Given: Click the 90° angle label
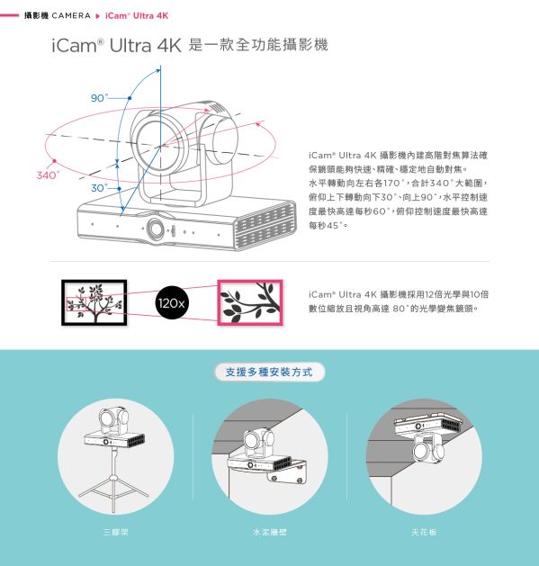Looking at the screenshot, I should tap(98, 97).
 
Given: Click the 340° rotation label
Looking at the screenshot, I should tap(47, 174).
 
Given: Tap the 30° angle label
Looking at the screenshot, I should tap(98, 188).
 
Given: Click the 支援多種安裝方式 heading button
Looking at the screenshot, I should tap(269, 372).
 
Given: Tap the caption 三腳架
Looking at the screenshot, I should tap(116, 533).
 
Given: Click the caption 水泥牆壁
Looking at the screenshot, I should tap(269, 533).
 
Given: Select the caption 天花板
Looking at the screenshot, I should tap(423, 533).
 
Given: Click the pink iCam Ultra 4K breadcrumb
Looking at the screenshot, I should tap(137, 16).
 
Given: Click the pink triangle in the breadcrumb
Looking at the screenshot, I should tap(98, 16).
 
